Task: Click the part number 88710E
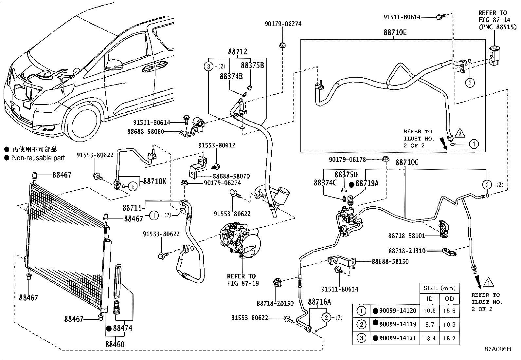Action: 395,32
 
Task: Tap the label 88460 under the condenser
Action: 115,344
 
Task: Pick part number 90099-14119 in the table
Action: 398,324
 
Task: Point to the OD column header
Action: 449,298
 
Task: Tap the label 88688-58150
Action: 390,262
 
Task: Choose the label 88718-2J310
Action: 407,251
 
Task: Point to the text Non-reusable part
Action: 38,158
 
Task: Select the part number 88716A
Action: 319,302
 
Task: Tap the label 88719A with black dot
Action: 367,183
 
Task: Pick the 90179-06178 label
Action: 347,160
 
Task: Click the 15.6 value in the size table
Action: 449,311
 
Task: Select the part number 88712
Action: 238,52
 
